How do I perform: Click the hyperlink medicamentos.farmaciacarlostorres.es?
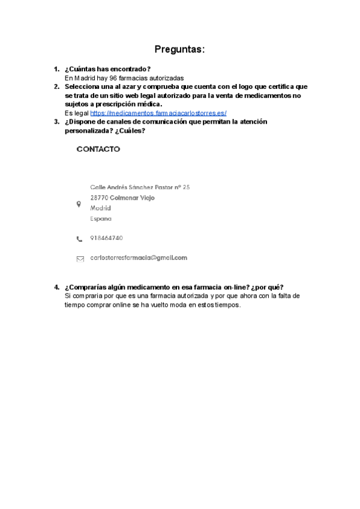(158, 113)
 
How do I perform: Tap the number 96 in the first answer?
(113, 78)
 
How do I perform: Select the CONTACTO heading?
(98, 149)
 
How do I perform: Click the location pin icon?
(79, 204)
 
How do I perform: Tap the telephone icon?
(79, 239)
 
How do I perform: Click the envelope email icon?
(80, 259)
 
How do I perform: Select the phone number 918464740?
(107, 238)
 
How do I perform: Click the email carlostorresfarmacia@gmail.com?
(139, 258)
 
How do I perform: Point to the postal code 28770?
(99, 197)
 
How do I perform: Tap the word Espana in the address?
(101, 219)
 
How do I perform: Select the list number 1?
(56, 70)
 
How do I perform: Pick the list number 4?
(56, 287)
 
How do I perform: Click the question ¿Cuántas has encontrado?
(107, 70)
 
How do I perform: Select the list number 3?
(56, 122)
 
